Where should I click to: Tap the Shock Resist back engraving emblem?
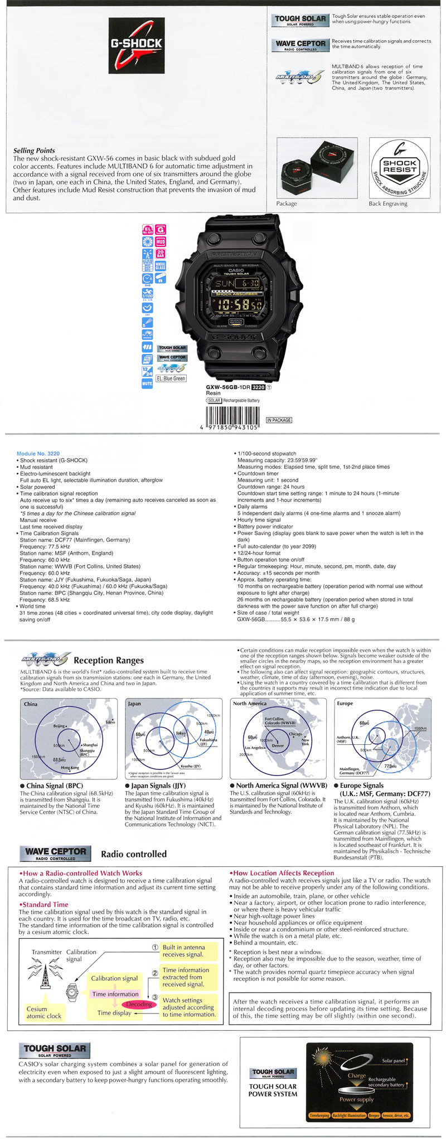point(399,168)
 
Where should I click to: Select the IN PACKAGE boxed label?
point(279,420)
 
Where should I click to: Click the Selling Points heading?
point(34,151)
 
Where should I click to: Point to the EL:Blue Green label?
point(171,379)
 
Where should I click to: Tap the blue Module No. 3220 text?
point(38,453)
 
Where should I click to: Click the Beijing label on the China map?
point(59,726)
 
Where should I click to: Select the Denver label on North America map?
point(278,745)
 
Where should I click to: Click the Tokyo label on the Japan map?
point(180,733)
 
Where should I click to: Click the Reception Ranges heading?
point(109,660)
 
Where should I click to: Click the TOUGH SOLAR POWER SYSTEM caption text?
point(273,1090)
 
